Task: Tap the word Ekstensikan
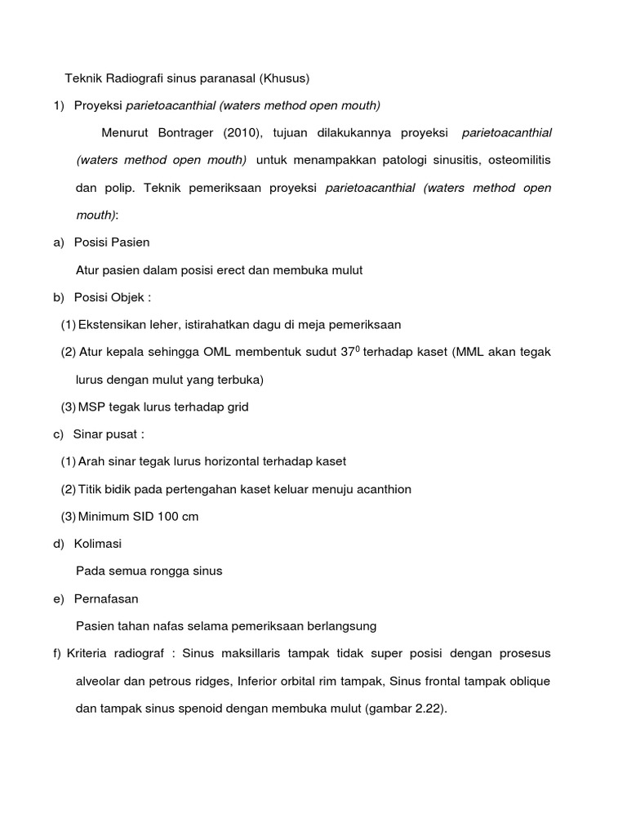[x=112, y=324]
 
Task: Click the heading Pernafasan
[x=106, y=598]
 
